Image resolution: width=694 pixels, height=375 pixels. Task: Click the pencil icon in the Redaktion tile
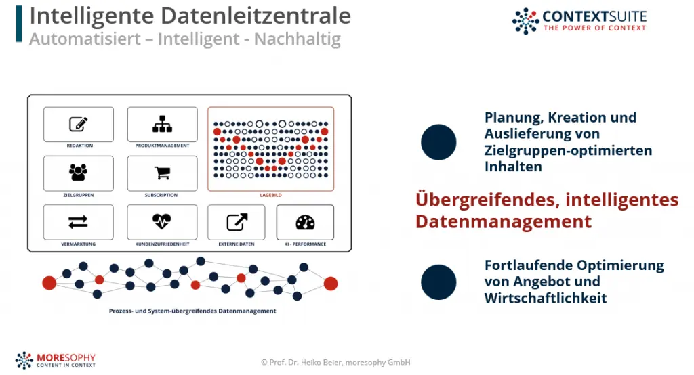pyautogui.click(x=79, y=125)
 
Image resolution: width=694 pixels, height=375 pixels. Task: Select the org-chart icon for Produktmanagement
pyautogui.click(x=163, y=125)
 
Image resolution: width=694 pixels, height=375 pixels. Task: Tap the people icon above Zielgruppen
pyautogui.click(x=79, y=173)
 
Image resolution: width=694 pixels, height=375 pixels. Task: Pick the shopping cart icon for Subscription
pyautogui.click(x=163, y=173)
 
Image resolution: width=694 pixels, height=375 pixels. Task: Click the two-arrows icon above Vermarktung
pyautogui.click(x=79, y=221)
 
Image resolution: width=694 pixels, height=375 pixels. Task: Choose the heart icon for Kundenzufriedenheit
pyautogui.click(x=161, y=221)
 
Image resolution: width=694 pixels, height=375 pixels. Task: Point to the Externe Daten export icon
pyautogui.click(x=237, y=222)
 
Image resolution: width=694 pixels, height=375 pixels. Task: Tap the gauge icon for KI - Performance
pyautogui.click(x=305, y=223)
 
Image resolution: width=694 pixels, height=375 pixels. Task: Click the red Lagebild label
pyautogui.click(x=270, y=195)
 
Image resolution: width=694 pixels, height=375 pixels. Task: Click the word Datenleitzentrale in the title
pyautogui.click(x=256, y=16)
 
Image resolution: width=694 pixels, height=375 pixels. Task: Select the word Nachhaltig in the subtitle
pyautogui.click(x=298, y=39)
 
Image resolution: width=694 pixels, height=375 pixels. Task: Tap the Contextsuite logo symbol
pyautogui.click(x=525, y=21)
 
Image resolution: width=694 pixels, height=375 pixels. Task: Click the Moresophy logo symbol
pyautogui.click(x=24, y=360)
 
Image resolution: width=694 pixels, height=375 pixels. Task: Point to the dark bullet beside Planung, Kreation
pyautogui.click(x=438, y=142)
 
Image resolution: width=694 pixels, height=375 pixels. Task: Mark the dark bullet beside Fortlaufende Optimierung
pyautogui.click(x=438, y=282)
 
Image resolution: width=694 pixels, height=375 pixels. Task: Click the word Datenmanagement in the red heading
pyautogui.click(x=504, y=221)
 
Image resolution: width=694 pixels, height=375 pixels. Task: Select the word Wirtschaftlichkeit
pyautogui.click(x=546, y=298)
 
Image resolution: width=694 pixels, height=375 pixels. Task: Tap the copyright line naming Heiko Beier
pyautogui.click(x=335, y=363)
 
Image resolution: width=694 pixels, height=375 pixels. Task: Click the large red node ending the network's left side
pyautogui.click(x=49, y=283)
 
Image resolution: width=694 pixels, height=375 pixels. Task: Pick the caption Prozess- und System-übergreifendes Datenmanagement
pyautogui.click(x=192, y=311)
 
